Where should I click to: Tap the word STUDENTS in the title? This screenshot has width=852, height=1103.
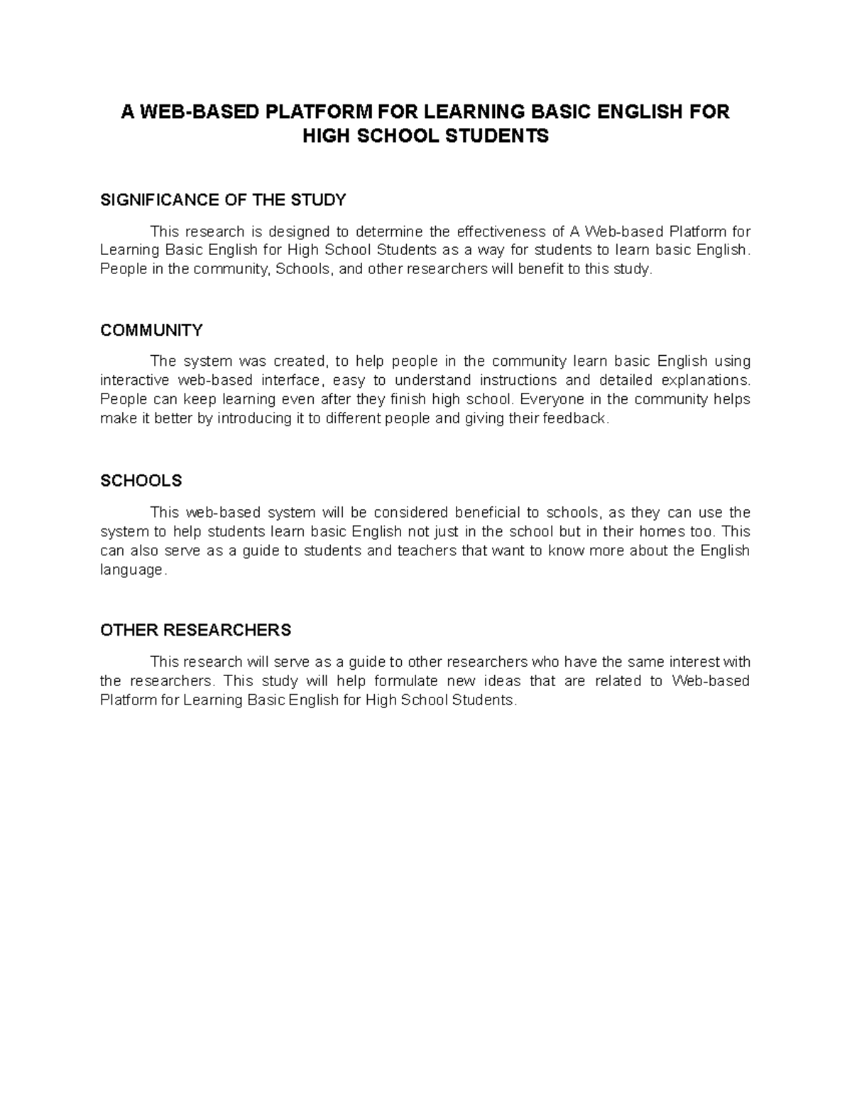click(x=497, y=136)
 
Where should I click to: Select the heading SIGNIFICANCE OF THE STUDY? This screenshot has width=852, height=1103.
click(x=223, y=200)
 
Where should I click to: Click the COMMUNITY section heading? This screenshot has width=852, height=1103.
click(x=151, y=330)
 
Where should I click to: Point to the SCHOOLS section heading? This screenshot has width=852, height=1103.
click(x=141, y=481)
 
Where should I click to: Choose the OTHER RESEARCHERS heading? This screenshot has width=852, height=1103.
click(x=196, y=630)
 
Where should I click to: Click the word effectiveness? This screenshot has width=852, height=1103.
click(x=501, y=232)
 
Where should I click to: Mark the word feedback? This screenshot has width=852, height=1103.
click(x=575, y=418)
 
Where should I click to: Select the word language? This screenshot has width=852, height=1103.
click(x=133, y=570)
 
